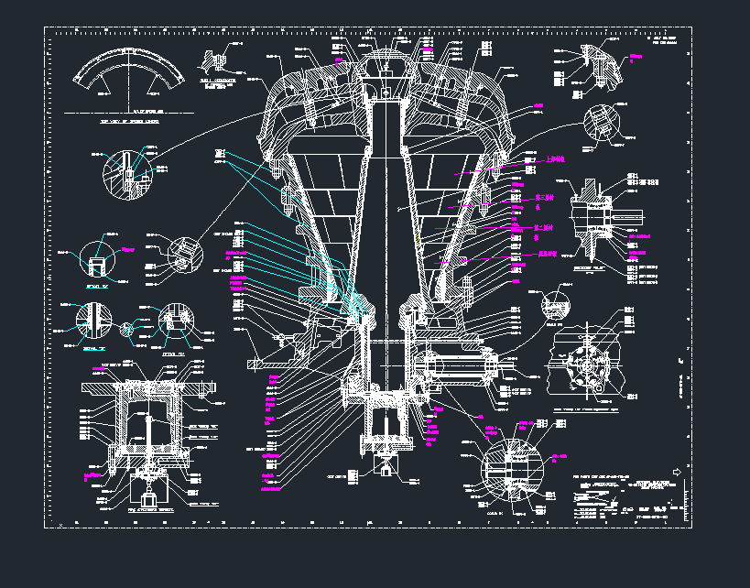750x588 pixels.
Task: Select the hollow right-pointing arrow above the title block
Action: click(x=677, y=472)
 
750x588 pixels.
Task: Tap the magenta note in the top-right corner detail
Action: click(x=637, y=59)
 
